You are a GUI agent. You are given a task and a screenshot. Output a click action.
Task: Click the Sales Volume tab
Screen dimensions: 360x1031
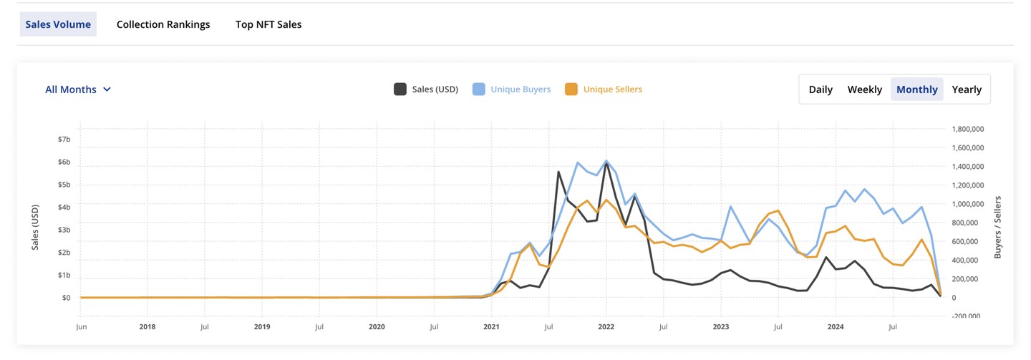pyautogui.click(x=58, y=24)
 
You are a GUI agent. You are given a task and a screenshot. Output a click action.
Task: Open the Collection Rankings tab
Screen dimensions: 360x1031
pyautogui.click(x=163, y=24)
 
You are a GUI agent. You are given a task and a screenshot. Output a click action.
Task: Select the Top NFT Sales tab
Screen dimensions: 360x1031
pyautogui.click(x=268, y=24)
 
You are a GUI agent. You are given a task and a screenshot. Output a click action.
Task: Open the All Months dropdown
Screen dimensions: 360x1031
pyautogui.click(x=78, y=89)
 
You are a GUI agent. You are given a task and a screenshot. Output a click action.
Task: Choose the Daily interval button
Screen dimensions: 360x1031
pyautogui.click(x=821, y=89)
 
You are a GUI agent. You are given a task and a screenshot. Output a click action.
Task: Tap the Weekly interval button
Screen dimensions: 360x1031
pyautogui.click(x=865, y=89)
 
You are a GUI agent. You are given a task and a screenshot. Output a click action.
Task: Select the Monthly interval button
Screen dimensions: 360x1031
pyautogui.click(x=916, y=89)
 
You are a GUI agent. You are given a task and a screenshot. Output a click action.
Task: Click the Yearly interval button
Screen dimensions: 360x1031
pyautogui.click(x=967, y=89)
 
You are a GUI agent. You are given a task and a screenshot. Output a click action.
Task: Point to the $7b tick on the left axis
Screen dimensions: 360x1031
pyautogui.click(x=64, y=139)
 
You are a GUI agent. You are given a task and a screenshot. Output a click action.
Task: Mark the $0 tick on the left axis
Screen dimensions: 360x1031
pyautogui.click(x=66, y=298)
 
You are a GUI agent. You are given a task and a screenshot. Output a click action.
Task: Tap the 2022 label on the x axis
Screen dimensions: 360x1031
pyautogui.click(x=606, y=327)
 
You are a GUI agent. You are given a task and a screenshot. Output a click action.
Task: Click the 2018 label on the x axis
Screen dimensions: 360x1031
pyautogui.click(x=147, y=327)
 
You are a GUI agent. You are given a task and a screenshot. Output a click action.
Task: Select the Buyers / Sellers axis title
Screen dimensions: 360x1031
pyautogui.click(x=998, y=227)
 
